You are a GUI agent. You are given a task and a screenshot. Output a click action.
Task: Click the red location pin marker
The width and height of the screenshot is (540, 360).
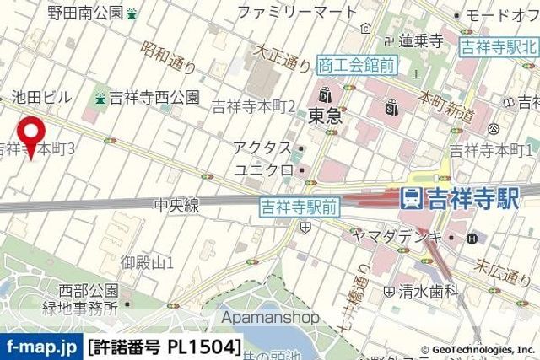(x=32, y=135)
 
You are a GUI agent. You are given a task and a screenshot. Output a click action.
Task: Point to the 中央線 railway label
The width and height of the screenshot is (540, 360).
(x=175, y=205)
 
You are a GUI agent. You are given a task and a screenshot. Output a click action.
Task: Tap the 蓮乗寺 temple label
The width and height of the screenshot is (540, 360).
(x=422, y=40)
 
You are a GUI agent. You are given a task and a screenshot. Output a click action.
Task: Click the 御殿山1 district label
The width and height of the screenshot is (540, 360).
(x=147, y=262)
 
